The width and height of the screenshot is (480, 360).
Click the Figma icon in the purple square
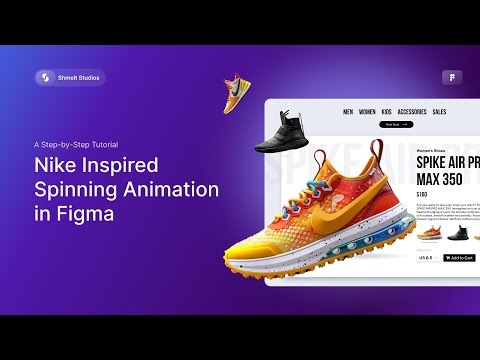tap(452, 77)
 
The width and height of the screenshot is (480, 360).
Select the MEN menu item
tap(348, 112)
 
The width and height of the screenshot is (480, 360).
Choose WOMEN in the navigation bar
tap(367, 112)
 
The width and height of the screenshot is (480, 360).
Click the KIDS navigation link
tap(387, 112)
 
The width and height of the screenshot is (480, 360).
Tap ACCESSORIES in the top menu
tap(412, 112)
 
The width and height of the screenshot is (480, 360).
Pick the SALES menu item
tap(440, 112)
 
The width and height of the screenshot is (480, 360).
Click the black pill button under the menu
tap(395, 125)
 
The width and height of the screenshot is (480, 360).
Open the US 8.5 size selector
tap(425, 257)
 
